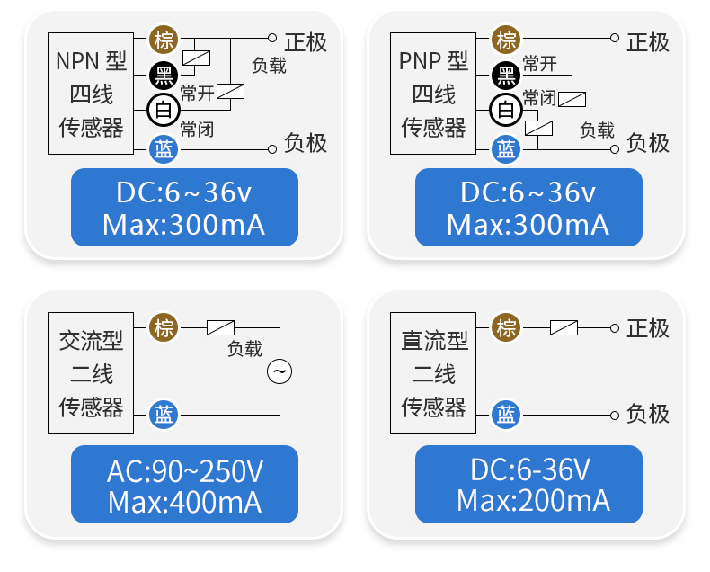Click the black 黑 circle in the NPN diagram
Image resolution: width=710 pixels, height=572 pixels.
tap(164, 75)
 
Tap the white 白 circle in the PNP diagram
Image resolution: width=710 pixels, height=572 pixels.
tap(507, 111)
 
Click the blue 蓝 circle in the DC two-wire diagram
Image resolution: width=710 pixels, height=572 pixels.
tap(507, 414)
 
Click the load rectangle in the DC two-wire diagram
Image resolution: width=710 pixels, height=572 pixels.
tap(564, 327)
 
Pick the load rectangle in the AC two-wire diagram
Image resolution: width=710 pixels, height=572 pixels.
tap(221, 327)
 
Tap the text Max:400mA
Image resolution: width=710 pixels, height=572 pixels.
tap(184, 501)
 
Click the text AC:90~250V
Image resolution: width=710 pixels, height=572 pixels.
tap(184, 470)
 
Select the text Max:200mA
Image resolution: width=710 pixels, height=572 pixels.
tap(529, 500)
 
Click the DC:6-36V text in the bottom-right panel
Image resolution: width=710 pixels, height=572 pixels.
tap(529, 469)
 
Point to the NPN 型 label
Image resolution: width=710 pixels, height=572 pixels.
tap(91, 61)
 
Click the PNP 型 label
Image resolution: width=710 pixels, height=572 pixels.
tap(434, 61)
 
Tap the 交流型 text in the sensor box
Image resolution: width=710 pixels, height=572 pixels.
tap(91, 341)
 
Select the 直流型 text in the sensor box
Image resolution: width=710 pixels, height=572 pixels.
tap(434, 341)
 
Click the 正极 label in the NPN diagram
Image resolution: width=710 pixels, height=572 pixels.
tap(306, 41)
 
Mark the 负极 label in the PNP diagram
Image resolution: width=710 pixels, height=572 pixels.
tap(648, 143)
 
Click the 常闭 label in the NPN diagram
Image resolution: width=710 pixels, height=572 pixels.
tap(197, 128)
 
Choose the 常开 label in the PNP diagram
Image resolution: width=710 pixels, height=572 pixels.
tap(539, 64)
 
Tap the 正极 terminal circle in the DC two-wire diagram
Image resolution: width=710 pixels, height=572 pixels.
tap(615, 327)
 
